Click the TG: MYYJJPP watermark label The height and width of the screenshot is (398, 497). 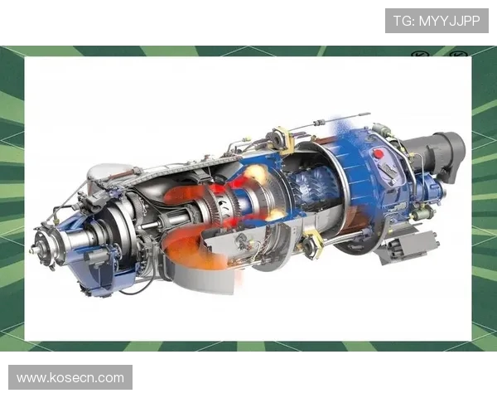coord(437,21)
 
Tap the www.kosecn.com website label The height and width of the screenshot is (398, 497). coord(70,377)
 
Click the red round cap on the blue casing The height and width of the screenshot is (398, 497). coord(379,153)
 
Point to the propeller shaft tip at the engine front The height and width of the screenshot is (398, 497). coord(32,250)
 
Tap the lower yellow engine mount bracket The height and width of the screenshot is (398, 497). coord(312,243)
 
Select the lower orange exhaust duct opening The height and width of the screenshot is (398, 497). coord(191,250)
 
